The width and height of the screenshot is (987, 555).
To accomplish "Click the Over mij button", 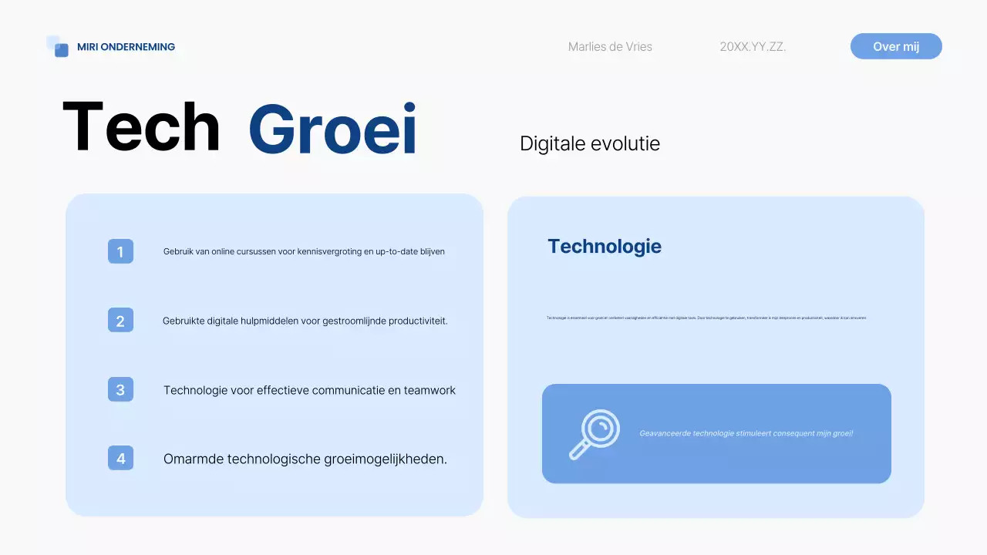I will click(x=896, y=46).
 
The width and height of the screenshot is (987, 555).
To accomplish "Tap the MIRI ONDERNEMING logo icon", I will click(x=58, y=46).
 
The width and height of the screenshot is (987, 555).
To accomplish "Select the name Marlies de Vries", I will click(x=610, y=47).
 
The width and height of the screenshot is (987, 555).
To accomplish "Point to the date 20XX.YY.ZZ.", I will click(x=753, y=47).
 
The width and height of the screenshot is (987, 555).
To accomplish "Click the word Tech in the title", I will click(x=141, y=128).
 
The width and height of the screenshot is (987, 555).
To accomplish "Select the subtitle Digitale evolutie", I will click(x=590, y=143).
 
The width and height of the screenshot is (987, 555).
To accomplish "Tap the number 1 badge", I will click(x=120, y=251).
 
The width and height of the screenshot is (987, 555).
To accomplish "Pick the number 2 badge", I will click(x=120, y=321).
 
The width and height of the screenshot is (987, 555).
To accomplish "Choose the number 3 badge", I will click(x=120, y=390).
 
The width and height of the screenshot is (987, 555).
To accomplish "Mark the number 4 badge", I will click(x=120, y=459).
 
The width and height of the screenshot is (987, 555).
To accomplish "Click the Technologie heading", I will click(x=605, y=246).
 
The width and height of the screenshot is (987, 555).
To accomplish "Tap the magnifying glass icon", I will click(x=595, y=434).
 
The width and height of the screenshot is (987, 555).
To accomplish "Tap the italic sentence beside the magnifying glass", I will click(x=746, y=433).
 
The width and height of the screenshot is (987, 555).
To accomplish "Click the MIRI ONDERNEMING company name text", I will click(x=126, y=47).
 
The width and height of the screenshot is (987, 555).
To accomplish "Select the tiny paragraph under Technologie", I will click(x=706, y=318).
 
